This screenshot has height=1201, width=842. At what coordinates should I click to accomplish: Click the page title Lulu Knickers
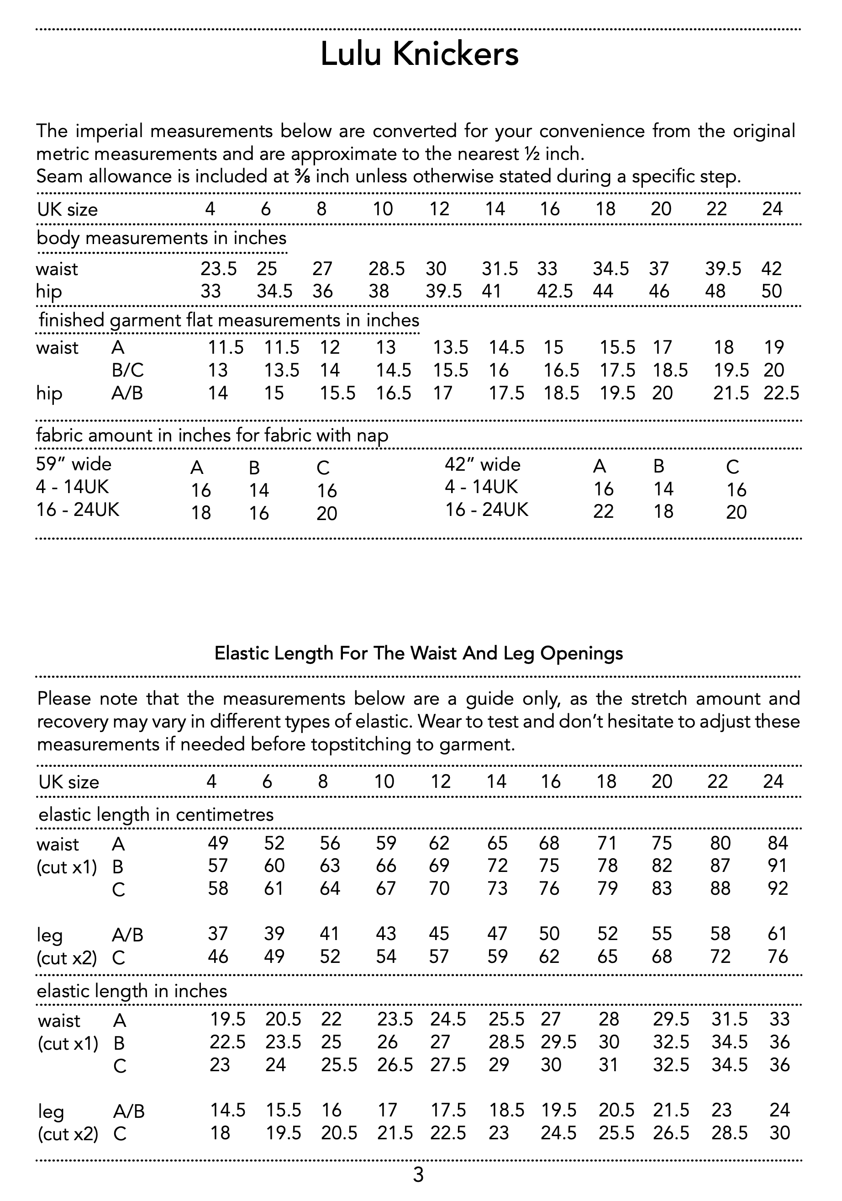[419, 54]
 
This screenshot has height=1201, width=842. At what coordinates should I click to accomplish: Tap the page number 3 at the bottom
[418, 1175]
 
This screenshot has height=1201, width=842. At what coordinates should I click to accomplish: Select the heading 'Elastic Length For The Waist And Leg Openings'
[419, 654]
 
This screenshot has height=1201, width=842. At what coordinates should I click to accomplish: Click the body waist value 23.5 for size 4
[218, 269]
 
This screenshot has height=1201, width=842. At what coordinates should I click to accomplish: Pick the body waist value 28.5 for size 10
[386, 269]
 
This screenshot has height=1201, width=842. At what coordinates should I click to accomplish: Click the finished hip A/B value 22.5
[781, 393]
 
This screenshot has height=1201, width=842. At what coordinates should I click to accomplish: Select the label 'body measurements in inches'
[162, 239]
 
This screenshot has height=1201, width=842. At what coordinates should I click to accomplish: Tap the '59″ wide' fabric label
[74, 464]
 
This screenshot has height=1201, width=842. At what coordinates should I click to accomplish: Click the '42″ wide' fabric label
[482, 464]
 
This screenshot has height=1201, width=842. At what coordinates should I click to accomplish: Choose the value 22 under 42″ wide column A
[603, 511]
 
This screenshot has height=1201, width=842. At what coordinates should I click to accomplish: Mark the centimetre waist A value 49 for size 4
[218, 843]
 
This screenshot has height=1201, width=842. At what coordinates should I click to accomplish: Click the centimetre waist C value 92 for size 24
[777, 888]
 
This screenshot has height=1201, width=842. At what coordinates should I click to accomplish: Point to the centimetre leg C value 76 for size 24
[777, 957]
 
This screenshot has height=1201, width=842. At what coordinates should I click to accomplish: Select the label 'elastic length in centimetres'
[156, 814]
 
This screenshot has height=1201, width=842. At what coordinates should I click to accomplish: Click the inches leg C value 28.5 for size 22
[729, 1133]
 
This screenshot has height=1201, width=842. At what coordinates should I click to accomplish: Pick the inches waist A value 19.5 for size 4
[228, 1020]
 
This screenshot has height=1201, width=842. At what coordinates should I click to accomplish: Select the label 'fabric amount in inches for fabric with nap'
[212, 435]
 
